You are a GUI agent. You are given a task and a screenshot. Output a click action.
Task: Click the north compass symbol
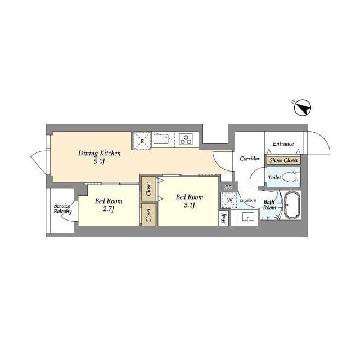coord(303,107)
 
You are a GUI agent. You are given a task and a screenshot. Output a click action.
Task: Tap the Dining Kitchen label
coord(100,154)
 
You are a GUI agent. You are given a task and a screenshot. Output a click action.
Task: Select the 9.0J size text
coord(99,161)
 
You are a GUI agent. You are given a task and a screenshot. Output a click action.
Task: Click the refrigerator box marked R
coord(142,141)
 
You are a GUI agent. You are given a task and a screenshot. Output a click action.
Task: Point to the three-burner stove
coord(186,139)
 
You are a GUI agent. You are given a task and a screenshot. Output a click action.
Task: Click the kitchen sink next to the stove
coord(161,139)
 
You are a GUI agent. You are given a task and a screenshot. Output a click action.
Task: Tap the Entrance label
coord(283,144)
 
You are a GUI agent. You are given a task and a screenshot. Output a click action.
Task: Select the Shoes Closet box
coord(283,160)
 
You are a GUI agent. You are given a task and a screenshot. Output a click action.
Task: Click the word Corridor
coord(250,159)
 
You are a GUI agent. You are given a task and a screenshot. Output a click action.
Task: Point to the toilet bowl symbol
coord(290,177)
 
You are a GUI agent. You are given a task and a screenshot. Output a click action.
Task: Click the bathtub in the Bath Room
coord(291,205)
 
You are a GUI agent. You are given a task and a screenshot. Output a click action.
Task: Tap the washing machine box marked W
coord(229,200)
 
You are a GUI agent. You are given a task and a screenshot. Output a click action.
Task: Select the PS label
coord(228,187)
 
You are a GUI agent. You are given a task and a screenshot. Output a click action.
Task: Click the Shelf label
coord(224,218)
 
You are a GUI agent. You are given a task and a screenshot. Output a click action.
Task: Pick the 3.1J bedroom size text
coord(190,205)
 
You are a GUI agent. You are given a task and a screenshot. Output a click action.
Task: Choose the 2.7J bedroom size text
coord(109,209)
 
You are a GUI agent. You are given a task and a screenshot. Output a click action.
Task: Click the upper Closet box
coord(148,189)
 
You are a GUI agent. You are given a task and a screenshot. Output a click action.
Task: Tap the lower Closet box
coord(148,215)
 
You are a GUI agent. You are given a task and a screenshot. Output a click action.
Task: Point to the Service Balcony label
coord(62,209)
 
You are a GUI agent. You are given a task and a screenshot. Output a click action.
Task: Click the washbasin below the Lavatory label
coord(248,217)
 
